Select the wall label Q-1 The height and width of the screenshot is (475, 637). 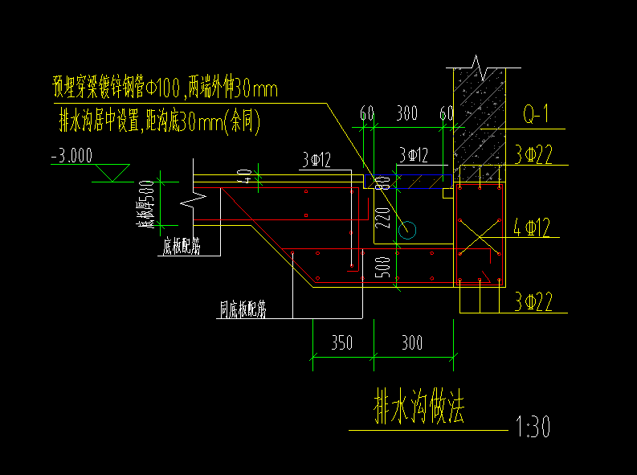pos(535,116)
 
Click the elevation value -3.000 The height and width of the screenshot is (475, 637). pos(71,155)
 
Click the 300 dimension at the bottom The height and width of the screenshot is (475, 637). pos(412,344)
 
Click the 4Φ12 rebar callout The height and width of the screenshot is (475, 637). pos(532,229)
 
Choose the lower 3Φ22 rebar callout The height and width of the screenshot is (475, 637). pos(533,302)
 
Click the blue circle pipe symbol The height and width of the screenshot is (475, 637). pos(409,231)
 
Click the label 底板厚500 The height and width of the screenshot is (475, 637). pos(147,204)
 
